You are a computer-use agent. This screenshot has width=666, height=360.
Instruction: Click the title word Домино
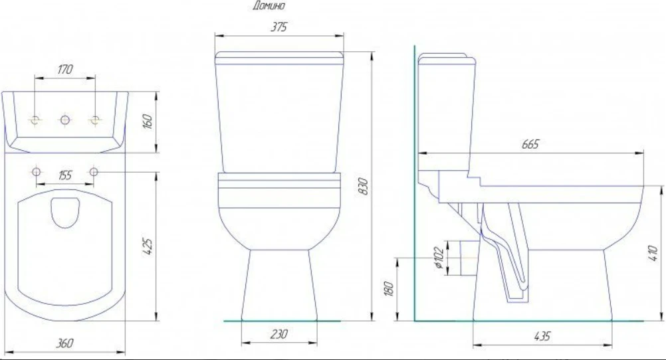coord(269,5)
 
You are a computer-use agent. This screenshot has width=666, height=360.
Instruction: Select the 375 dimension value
coord(278,27)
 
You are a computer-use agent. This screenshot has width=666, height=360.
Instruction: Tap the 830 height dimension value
coord(363,187)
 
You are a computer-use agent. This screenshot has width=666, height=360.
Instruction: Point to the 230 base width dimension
coord(278,334)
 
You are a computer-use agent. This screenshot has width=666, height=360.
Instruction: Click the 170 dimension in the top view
coord(65,69)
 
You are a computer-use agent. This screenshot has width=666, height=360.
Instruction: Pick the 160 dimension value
coord(148,122)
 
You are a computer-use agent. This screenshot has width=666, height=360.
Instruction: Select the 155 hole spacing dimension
coord(65,175)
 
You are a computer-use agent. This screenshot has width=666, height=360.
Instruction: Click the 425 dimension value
coord(148,246)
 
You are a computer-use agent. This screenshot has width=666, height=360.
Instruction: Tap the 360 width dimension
coord(64,343)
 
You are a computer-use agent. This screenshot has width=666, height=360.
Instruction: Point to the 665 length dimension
coord(530,144)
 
